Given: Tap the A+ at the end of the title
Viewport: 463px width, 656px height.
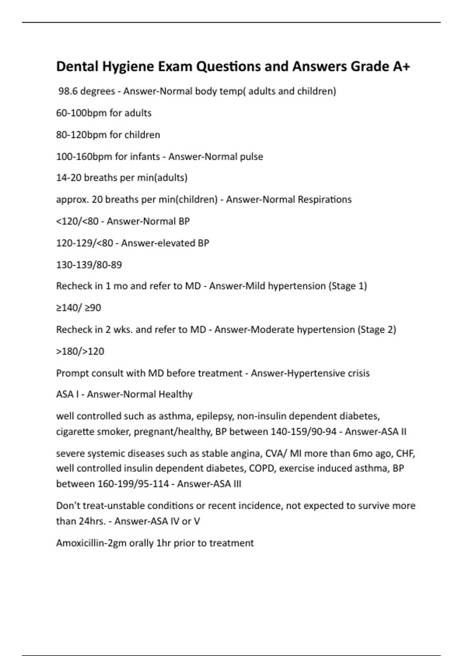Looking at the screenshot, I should pos(401,66).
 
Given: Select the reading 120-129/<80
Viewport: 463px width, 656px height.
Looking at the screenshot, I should pos(84,243).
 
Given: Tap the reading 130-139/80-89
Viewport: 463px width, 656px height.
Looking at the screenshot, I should pos(89,265).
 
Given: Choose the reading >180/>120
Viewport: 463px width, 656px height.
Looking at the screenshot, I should pos(80,352).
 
